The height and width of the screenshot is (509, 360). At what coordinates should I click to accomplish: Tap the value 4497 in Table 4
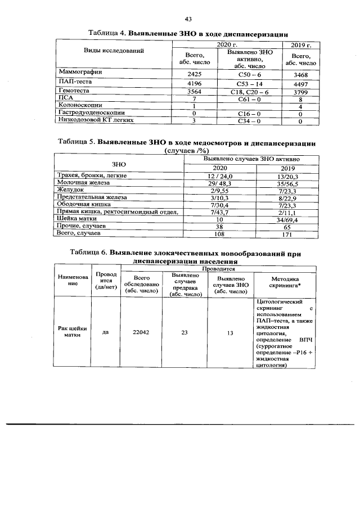click(301, 83)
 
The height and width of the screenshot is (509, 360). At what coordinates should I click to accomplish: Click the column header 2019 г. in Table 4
click(301, 44)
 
